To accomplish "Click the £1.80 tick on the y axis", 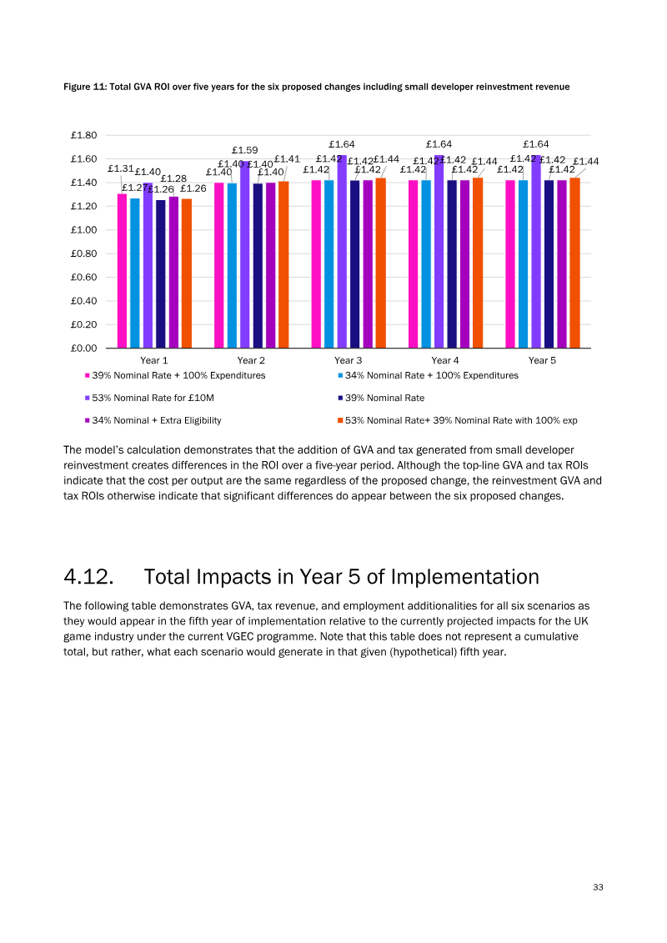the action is (x=83, y=135).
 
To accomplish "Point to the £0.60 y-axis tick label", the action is (x=83, y=278).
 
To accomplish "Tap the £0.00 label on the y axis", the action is (x=83, y=349).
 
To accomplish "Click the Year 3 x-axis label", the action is (x=349, y=360).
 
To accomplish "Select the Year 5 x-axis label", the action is (x=542, y=360).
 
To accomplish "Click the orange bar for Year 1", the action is (x=187, y=273).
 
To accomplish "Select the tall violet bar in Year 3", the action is (x=342, y=252).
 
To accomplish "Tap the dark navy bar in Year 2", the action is (x=258, y=266).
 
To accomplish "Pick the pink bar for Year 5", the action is (x=510, y=264).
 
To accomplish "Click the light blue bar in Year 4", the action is (x=426, y=264).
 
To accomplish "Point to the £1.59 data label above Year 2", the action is (x=245, y=150).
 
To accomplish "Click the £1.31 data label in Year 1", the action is (x=120, y=169).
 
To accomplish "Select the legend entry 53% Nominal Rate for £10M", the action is (x=149, y=399).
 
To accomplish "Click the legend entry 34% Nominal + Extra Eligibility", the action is (x=153, y=420).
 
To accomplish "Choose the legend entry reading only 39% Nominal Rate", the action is (x=381, y=399).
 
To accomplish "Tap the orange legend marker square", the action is (x=340, y=420).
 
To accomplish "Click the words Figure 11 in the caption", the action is (x=85, y=87).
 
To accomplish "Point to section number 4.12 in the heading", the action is (x=88, y=577).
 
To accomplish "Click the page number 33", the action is (x=598, y=887).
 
